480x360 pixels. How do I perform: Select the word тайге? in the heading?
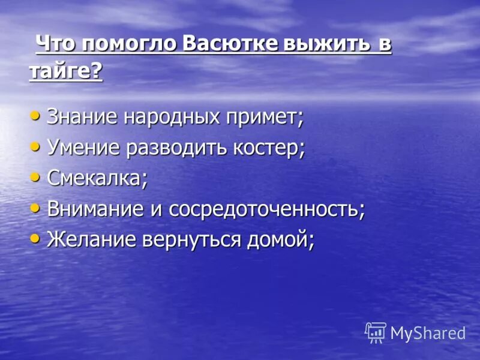(65, 73)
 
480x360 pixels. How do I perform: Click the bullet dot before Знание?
(36, 114)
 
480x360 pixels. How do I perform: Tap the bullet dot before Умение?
(36, 146)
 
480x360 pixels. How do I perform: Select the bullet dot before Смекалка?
(36, 177)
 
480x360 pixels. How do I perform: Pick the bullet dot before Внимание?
(36, 208)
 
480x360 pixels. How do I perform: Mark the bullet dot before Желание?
(36, 239)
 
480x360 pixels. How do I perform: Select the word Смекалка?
(96, 179)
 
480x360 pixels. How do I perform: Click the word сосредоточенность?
(266, 210)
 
